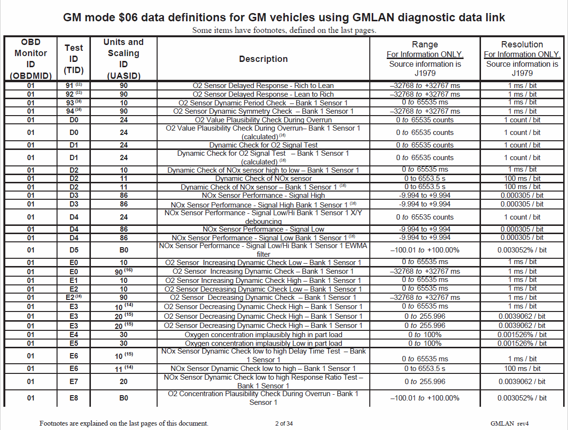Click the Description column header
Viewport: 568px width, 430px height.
pyautogui.click(x=263, y=59)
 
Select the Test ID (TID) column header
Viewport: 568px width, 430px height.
pyautogui.click(x=74, y=59)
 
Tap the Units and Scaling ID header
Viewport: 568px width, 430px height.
pyautogui.click(x=124, y=59)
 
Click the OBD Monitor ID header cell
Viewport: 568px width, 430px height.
pyautogui.click(x=30, y=59)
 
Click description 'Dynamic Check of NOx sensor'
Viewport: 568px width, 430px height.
pyautogui.click(x=263, y=178)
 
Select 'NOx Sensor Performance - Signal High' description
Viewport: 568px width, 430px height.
pyautogui.click(x=263, y=195)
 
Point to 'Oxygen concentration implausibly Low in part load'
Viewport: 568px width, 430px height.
pyautogui.click(x=263, y=343)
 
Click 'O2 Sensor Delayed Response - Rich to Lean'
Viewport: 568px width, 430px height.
pyautogui.click(x=263, y=86)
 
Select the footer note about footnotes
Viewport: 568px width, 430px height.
pyautogui.click(x=124, y=423)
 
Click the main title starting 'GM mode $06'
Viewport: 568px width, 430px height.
pyautogui.click(x=284, y=18)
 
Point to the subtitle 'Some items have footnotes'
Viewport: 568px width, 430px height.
pyautogui.click(x=284, y=30)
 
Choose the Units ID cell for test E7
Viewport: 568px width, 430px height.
pyautogui.click(x=124, y=382)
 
